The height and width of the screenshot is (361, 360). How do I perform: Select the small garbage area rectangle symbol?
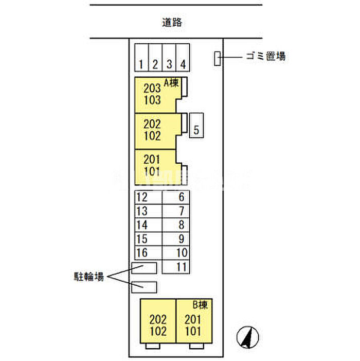click(218, 59)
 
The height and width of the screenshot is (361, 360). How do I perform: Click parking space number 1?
click(141, 57)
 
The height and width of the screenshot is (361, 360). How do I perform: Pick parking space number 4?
click(183, 57)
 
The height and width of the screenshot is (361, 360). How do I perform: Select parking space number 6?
click(176, 197)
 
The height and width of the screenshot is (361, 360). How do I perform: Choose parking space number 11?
click(176, 266)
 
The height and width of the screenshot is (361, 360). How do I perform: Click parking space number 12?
click(148, 197)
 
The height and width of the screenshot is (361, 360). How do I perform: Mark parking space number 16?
click(148, 253)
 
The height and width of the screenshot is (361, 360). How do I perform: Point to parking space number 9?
click(176, 239)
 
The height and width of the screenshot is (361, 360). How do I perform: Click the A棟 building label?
click(171, 82)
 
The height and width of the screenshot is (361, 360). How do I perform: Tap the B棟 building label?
click(200, 304)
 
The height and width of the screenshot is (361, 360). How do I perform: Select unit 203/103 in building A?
click(153, 94)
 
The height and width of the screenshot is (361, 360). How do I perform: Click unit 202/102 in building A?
click(153, 130)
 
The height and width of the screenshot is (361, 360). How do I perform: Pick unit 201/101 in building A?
click(153, 165)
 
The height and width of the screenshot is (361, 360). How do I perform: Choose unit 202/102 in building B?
click(158, 325)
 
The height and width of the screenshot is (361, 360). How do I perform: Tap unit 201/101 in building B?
click(193, 325)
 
